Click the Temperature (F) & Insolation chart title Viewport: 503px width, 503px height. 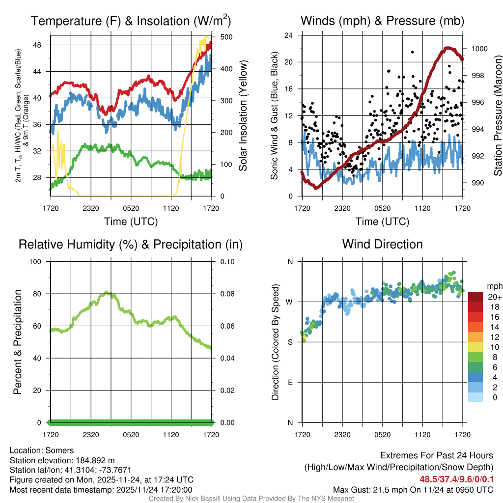(x=131, y=21)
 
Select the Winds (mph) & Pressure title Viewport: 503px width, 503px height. (x=382, y=21)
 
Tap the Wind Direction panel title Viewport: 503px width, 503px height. (x=382, y=244)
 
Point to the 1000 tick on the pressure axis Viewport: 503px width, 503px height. (x=478, y=49)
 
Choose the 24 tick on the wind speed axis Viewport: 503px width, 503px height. (x=289, y=35)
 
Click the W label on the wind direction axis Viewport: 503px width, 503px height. (x=290, y=302)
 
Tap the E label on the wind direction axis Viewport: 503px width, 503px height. (x=290, y=382)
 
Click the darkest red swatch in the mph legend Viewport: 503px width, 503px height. (x=475, y=297)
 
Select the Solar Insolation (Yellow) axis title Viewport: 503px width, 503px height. (x=243, y=115)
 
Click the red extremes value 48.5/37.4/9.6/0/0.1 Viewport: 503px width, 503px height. (x=457, y=479)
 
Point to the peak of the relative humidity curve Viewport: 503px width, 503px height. (x=108, y=293)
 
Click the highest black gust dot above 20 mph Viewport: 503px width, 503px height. (x=413, y=52)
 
